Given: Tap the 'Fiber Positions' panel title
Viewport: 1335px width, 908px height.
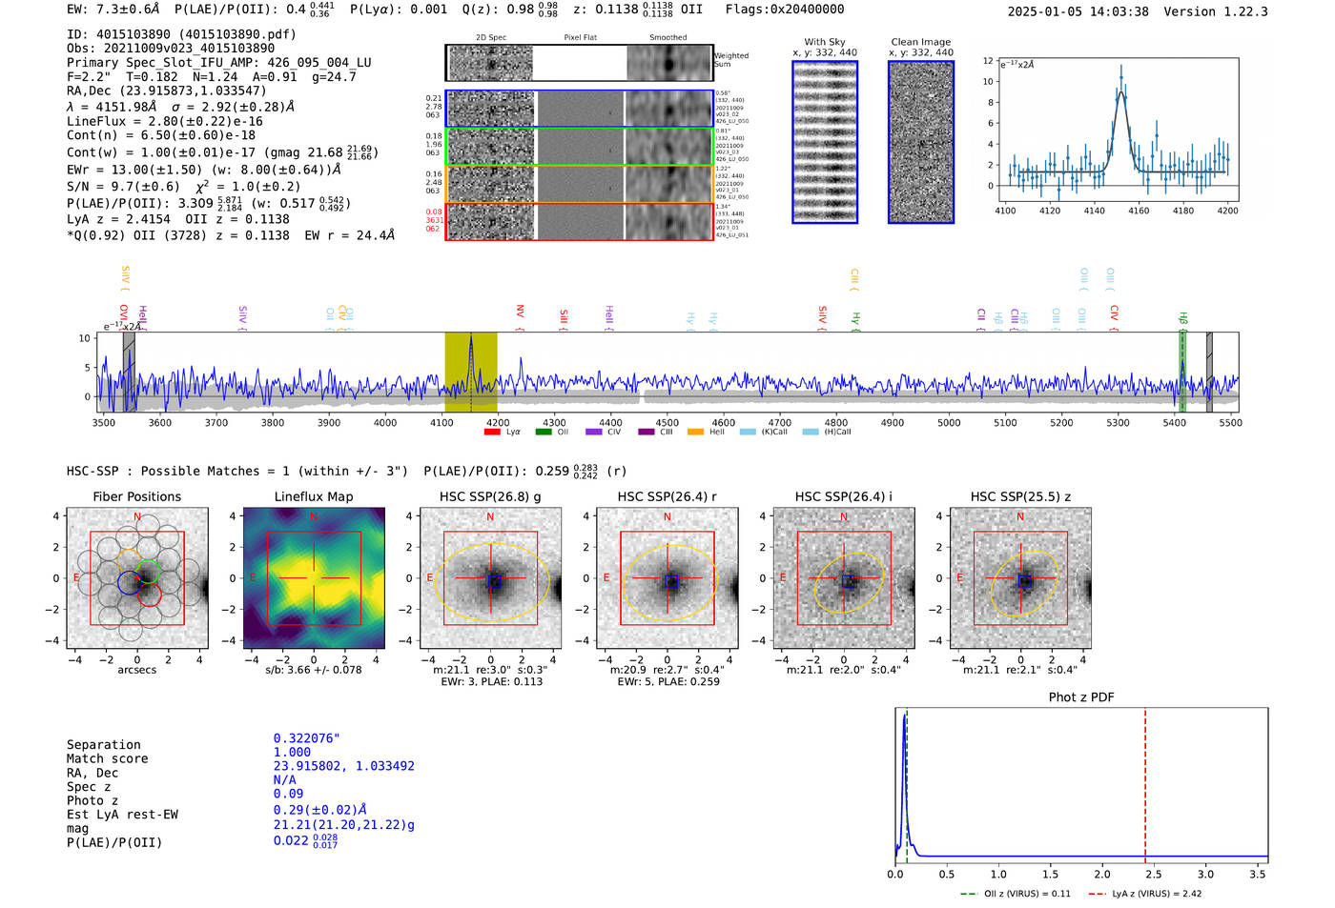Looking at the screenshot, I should pyautogui.click(x=136, y=496).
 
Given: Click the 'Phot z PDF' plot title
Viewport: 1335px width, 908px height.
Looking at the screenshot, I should pyautogui.click(x=1081, y=697).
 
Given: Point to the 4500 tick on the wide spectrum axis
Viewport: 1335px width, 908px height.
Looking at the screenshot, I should pyautogui.click(x=667, y=423).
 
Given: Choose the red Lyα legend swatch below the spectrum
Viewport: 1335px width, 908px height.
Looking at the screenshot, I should pyautogui.click(x=492, y=433).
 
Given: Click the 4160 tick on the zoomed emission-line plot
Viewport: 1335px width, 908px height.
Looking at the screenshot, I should pyautogui.click(x=1139, y=211).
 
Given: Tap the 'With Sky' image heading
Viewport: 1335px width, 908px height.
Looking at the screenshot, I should pyautogui.click(x=825, y=42).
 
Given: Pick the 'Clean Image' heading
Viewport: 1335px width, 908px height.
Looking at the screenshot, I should pyautogui.click(x=921, y=42).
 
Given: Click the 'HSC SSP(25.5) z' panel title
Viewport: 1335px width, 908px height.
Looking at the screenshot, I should pyautogui.click(x=1020, y=496).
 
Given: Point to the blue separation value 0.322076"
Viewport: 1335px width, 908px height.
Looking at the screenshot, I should pyautogui.click(x=306, y=738).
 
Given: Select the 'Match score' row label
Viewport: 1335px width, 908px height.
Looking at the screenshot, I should pyautogui.click(x=107, y=758).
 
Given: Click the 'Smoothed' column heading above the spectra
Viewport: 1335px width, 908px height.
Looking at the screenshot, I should pyautogui.click(x=667, y=38).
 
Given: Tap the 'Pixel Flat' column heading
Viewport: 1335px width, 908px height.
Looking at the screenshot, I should pyautogui.click(x=580, y=38).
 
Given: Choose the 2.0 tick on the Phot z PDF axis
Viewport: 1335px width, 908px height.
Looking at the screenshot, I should pyautogui.click(x=1102, y=874).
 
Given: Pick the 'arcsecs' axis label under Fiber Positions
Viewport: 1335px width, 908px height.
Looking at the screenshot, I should pyautogui.click(x=136, y=670).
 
